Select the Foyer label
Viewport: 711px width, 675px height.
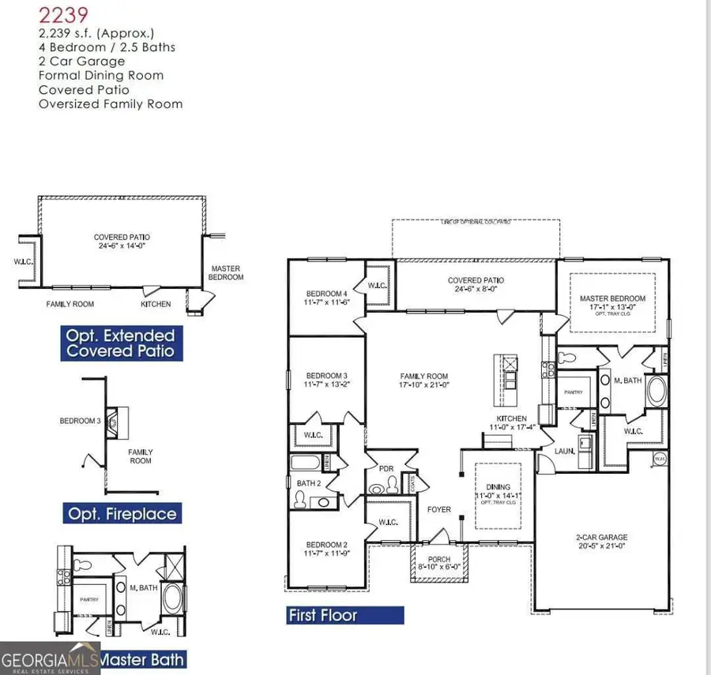439,509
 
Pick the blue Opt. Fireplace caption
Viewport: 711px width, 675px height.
121,513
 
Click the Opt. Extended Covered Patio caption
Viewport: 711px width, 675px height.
120,343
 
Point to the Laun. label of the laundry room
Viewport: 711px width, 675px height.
563,452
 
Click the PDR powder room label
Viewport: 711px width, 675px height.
386,468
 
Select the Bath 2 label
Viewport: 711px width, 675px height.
307,482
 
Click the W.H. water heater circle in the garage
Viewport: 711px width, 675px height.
658,459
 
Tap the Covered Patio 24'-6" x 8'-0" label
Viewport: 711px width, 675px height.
476,284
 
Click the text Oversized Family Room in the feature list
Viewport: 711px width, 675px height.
110,103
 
